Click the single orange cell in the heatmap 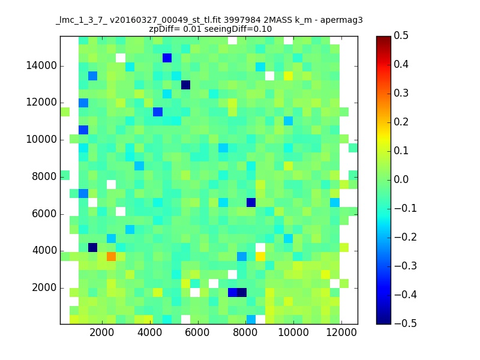(111, 256)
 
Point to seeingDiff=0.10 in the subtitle (238, 29)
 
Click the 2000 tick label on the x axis (101, 332)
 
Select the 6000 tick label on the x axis (197, 332)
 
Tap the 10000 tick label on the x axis (293, 332)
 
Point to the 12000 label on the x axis (341, 332)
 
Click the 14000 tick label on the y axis (41, 66)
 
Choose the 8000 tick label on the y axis (44, 176)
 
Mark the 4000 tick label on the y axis (44, 251)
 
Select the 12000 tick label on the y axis (41, 103)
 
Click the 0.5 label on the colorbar (401, 36)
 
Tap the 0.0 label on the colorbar (401, 179)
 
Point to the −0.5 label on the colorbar (406, 323)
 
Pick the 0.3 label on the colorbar (401, 94)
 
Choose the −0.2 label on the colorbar (406, 237)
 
